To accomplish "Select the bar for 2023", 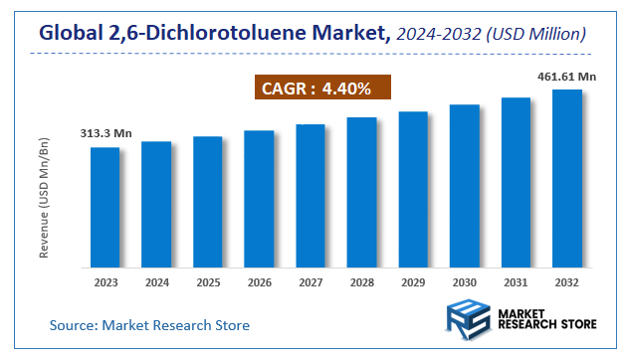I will tap(105, 208).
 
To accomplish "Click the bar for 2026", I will tap(259, 199).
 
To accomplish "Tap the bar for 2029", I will tap(413, 189).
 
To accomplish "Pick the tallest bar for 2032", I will tap(567, 179).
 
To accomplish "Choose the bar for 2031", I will tap(516, 183).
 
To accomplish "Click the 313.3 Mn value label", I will tap(105, 134).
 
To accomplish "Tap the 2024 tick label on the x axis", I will tap(156, 282).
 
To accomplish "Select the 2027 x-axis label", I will tap(311, 282).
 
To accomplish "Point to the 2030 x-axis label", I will tap(465, 282).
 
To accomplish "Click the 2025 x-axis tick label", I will tap(208, 282).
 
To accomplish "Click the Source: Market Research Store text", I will tap(149, 325).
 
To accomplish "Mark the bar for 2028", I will tap(361, 193).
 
